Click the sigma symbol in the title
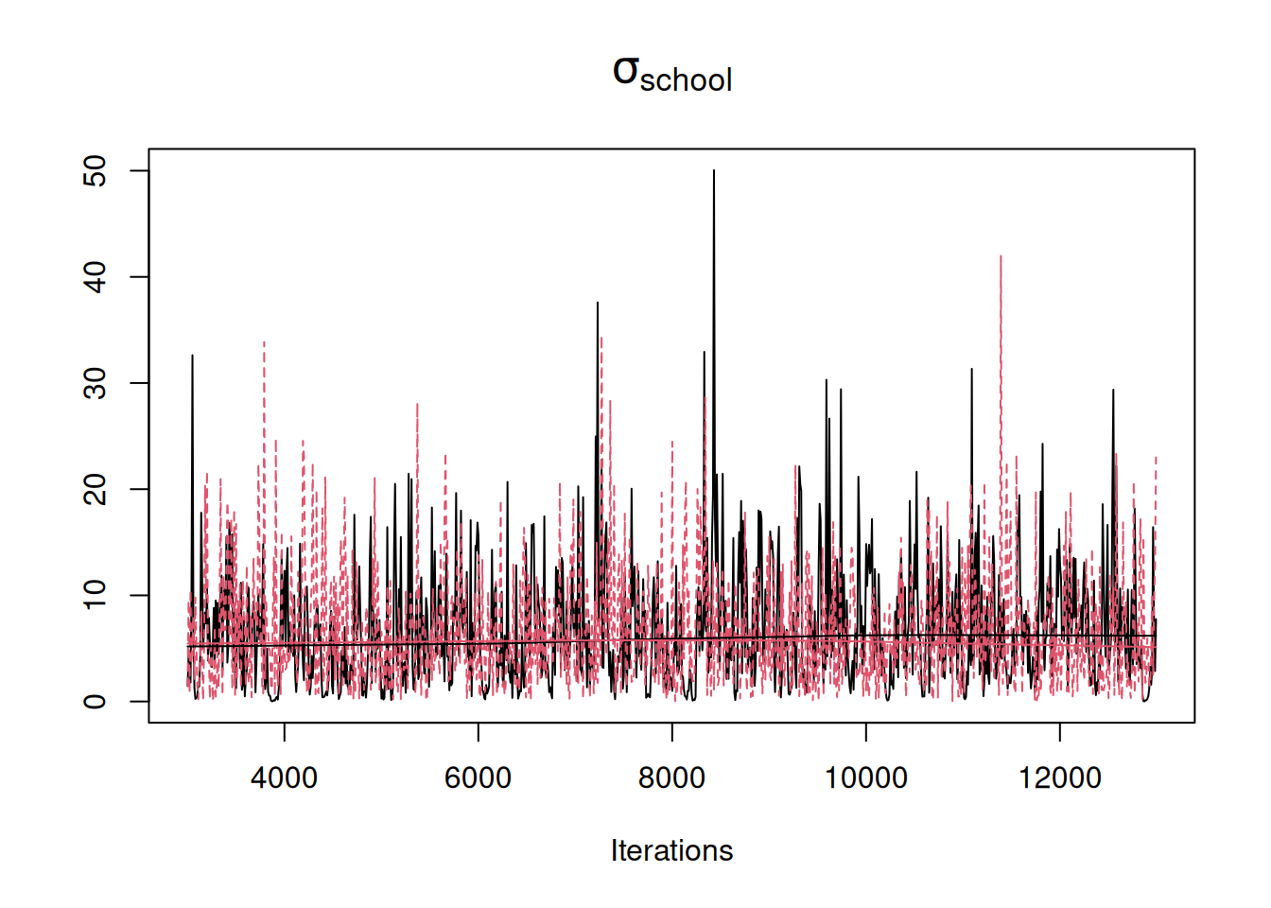click(x=626, y=71)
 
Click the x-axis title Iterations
click(x=671, y=850)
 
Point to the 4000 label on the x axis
click(x=284, y=778)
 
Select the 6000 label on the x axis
click(x=478, y=778)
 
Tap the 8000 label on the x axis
click(x=671, y=778)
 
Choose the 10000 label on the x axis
click(x=865, y=778)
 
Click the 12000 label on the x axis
click(x=1059, y=778)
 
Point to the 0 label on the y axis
click(x=95, y=701)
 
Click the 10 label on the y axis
click(x=95, y=595)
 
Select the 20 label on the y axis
click(x=95, y=489)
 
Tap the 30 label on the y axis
click(x=95, y=383)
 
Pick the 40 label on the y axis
click(x=95, y=277)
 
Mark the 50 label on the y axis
click(x=95, y=171)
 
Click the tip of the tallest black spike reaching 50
click(x=714, y=171)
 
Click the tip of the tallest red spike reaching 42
click(x=1001, y=256)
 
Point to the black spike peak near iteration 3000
click(x=193, y=357)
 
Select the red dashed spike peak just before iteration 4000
click(x=264, y=342)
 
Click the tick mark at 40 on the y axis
click(x=140, y=277)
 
